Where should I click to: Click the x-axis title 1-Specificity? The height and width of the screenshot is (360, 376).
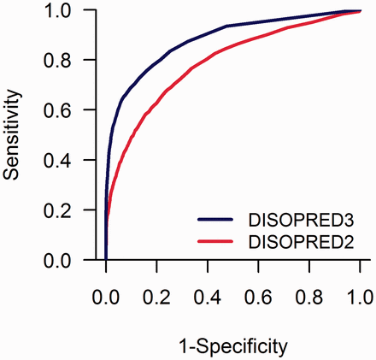coord(233,345)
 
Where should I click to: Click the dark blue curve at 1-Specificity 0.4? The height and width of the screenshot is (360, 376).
coord(208,34)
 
